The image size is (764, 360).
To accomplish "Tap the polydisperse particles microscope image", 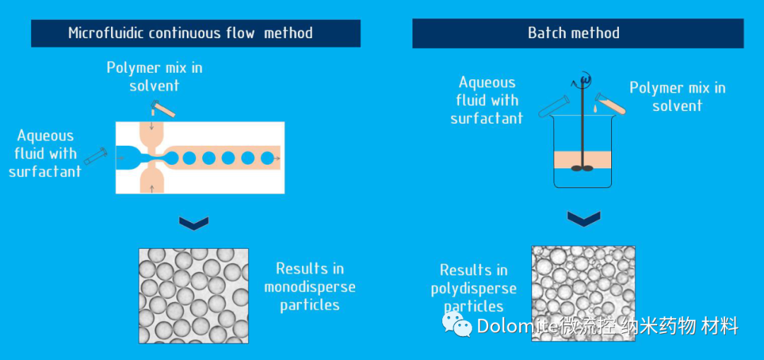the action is tap(583, 293).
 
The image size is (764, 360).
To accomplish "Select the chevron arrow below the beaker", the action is tap(584, 218).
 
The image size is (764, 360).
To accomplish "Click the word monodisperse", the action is tap(310, 287).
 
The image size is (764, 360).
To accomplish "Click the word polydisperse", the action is tap(474, 289).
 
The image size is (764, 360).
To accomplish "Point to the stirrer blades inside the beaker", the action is tap(584, 168).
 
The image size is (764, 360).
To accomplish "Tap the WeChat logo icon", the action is tap(457, 325).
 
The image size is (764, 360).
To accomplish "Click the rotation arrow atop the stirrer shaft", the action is tap(584, 77).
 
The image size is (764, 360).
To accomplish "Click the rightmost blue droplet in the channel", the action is tap(267, 158).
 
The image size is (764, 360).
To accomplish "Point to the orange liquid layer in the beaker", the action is tap(584, 160).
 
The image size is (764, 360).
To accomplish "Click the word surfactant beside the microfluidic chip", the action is tap(45, 171).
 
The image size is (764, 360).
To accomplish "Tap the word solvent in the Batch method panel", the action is tap(677, 106).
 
